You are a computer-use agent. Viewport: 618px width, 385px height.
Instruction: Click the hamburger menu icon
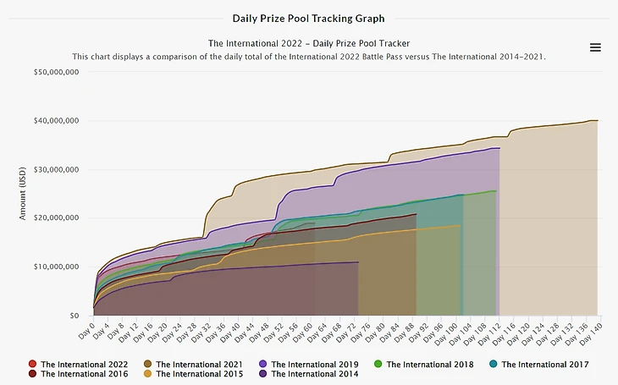[595, 47]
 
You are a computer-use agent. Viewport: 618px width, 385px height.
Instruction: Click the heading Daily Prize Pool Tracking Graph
[308, 18]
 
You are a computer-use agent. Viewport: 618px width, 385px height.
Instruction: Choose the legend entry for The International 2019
[308, 365]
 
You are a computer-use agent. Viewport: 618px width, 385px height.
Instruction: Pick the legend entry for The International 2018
[423, 365]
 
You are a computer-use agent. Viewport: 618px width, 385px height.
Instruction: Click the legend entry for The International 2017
[538, 365]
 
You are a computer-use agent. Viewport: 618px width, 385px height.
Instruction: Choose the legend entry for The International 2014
[308, 374]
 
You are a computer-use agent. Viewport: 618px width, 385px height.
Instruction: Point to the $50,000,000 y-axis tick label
[55, 73]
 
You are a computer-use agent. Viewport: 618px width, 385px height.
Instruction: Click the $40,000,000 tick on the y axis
[55, 121]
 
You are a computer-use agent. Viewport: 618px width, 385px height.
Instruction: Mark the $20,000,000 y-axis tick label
[55, 218]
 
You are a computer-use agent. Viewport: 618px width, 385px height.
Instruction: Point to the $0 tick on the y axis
[74, 316]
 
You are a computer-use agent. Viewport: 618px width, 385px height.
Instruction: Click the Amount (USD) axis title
[23, 194]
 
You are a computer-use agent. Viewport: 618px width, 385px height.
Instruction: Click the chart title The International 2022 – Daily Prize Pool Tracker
[308, 42]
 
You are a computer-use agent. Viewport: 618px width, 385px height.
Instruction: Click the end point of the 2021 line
[597, 121]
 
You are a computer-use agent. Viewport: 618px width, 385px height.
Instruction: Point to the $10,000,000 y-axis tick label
[55, 267]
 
